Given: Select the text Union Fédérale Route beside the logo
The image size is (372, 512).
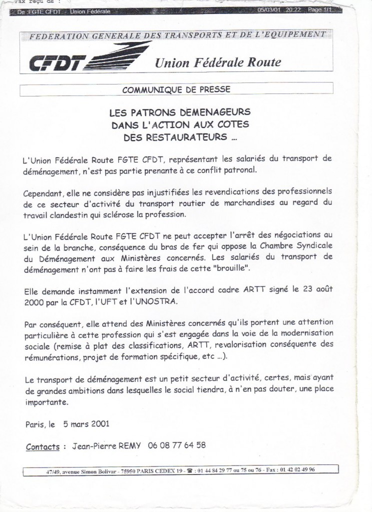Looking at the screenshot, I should click(218, 62).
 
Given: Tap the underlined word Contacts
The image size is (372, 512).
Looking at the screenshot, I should click(43, 446).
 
